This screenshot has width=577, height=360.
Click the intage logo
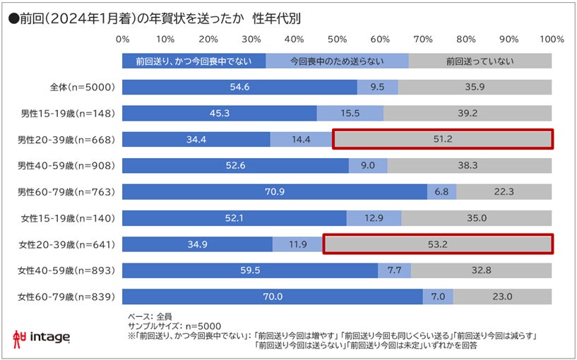coord(42,338)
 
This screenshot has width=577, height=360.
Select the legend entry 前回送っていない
coord(480,61)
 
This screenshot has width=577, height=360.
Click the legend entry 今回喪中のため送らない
coord(337,61)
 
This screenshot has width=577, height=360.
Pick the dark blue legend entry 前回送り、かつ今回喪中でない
coord(194,61)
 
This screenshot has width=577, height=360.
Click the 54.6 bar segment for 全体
coord(239,88)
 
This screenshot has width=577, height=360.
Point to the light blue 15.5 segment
coord(350,114)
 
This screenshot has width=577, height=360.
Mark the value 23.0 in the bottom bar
coord(502,296)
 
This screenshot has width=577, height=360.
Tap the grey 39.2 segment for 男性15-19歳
coord(468,114)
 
